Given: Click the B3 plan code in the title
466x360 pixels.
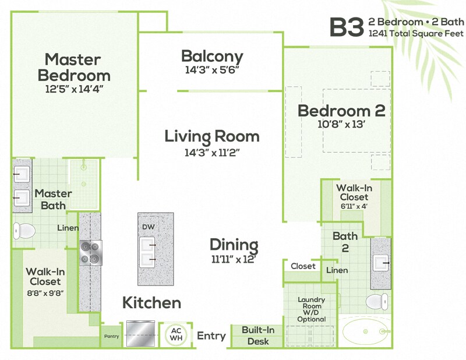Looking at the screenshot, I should [x=347, y=27].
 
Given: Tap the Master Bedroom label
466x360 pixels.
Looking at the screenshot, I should [x=73, y=67].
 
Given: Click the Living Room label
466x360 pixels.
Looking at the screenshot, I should [x=211, y=136].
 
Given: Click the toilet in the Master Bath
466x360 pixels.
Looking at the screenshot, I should [x=24, y=231].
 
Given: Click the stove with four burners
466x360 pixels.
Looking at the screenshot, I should [x=90, y=252].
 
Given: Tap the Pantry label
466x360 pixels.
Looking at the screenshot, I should [x=111, y=336].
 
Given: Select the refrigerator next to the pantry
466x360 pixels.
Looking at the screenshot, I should [x=140, y=333].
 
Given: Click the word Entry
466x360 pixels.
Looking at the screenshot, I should [x=211, y=336].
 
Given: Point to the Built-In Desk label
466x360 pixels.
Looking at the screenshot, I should [x=258, y=336].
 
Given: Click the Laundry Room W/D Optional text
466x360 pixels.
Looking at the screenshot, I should [x=311, y=309].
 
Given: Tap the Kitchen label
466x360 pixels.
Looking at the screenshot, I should [x=151, y=303].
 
